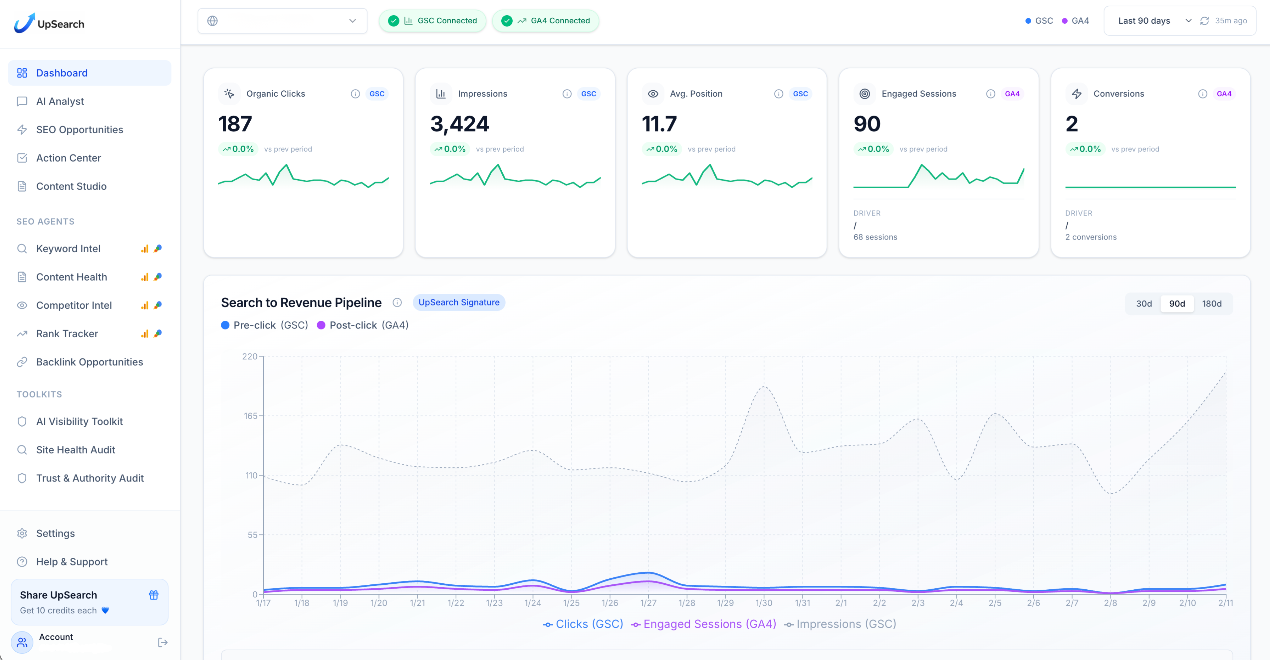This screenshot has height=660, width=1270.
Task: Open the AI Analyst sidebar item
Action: (x=60, y=101)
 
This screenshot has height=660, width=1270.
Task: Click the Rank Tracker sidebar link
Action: (x=67, y=333)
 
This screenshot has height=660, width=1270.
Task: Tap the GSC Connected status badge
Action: (x=432, y=21)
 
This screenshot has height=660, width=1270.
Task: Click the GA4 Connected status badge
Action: (x=545, y=21)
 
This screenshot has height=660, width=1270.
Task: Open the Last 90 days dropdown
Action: (x=1153, y=21)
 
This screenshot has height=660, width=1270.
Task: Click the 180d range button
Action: (x=1211, y=304)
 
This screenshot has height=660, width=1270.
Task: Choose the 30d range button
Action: (x=1144, y=304)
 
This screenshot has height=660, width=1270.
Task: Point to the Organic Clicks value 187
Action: (x=235, y=124)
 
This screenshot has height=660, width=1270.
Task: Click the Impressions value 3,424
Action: (x=459, y=124)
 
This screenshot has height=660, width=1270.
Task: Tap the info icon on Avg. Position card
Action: (x=778, y=94)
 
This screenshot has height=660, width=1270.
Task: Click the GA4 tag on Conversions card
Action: (x=1224, y=94)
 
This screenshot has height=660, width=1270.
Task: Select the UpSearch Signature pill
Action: (x=458, y=303)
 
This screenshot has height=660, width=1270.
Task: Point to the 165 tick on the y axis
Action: (x=250, y=416)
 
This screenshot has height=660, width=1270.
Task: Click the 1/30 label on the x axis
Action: (x=764, y=603)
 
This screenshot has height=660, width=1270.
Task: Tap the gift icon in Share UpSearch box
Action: (x=154, y=595)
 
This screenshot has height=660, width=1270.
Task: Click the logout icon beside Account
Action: (x=163, y=642)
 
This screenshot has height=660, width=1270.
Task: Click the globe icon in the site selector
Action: (x=212, y=21)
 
